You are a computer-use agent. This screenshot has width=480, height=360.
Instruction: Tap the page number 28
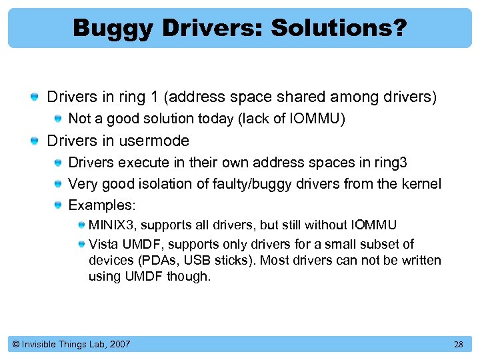458,345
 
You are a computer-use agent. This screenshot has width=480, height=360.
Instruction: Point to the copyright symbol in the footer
16,345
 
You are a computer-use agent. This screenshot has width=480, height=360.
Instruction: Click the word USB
197,260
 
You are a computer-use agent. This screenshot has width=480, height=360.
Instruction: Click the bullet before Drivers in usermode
35,141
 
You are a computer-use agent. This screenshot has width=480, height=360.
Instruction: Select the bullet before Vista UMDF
79,245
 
